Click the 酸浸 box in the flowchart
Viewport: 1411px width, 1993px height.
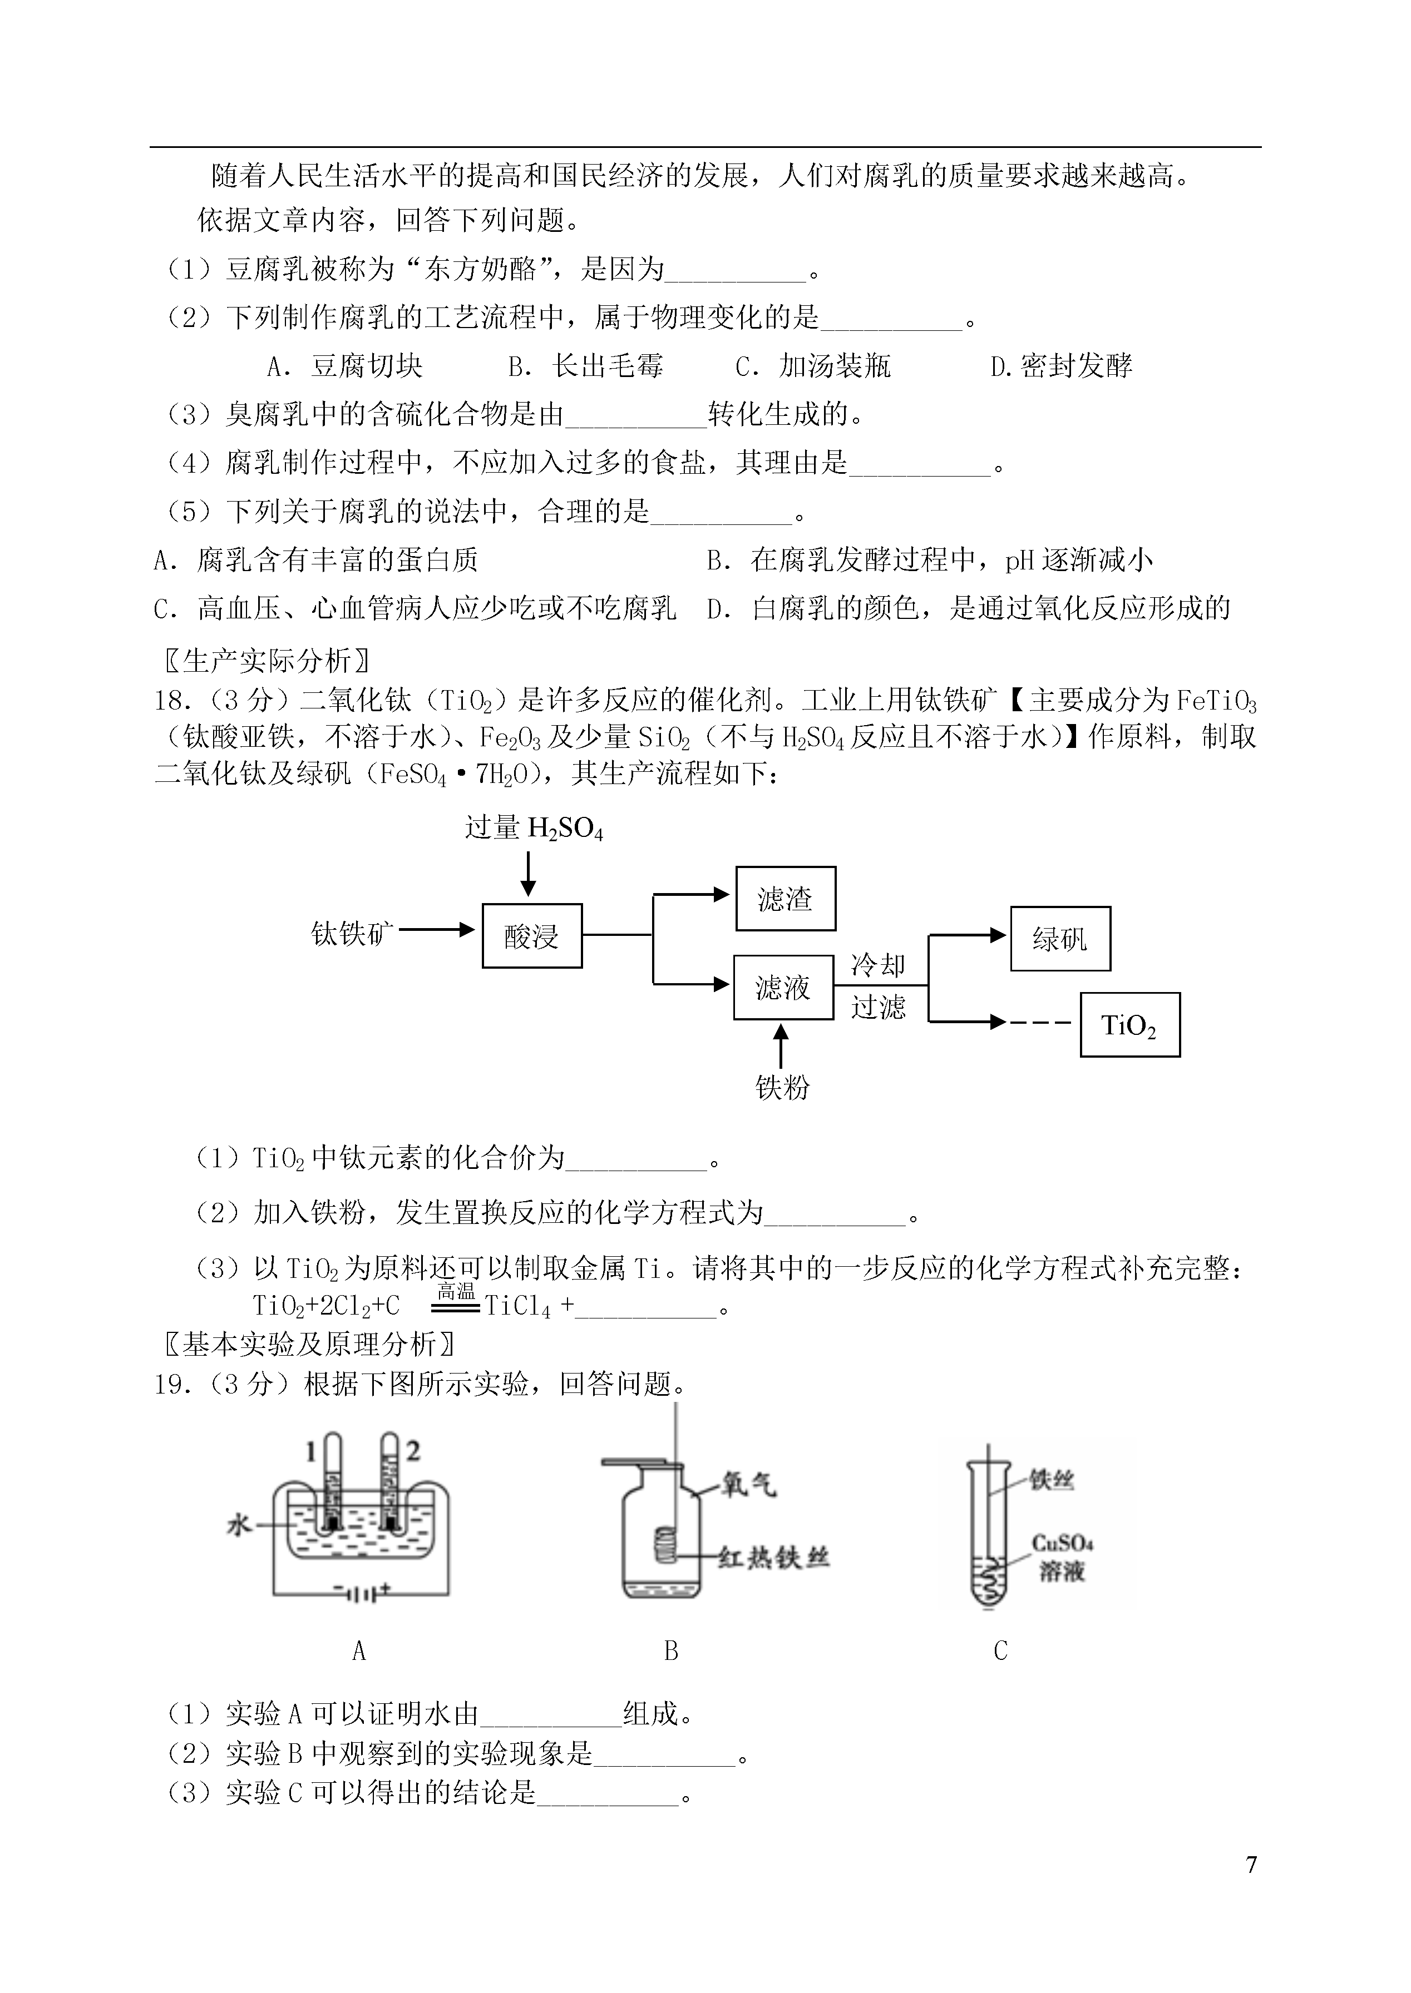532,935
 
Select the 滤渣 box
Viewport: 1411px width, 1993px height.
786,898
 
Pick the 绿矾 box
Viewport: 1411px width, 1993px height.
1060,939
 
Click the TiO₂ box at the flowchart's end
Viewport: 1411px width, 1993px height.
1129,1025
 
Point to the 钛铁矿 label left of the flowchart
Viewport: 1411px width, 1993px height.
352,934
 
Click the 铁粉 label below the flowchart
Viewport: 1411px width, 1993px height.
782,1087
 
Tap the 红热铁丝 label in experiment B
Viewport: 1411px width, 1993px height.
773,1558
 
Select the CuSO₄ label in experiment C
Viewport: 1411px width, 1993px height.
1062,1543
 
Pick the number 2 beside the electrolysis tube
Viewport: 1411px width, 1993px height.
413,1451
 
